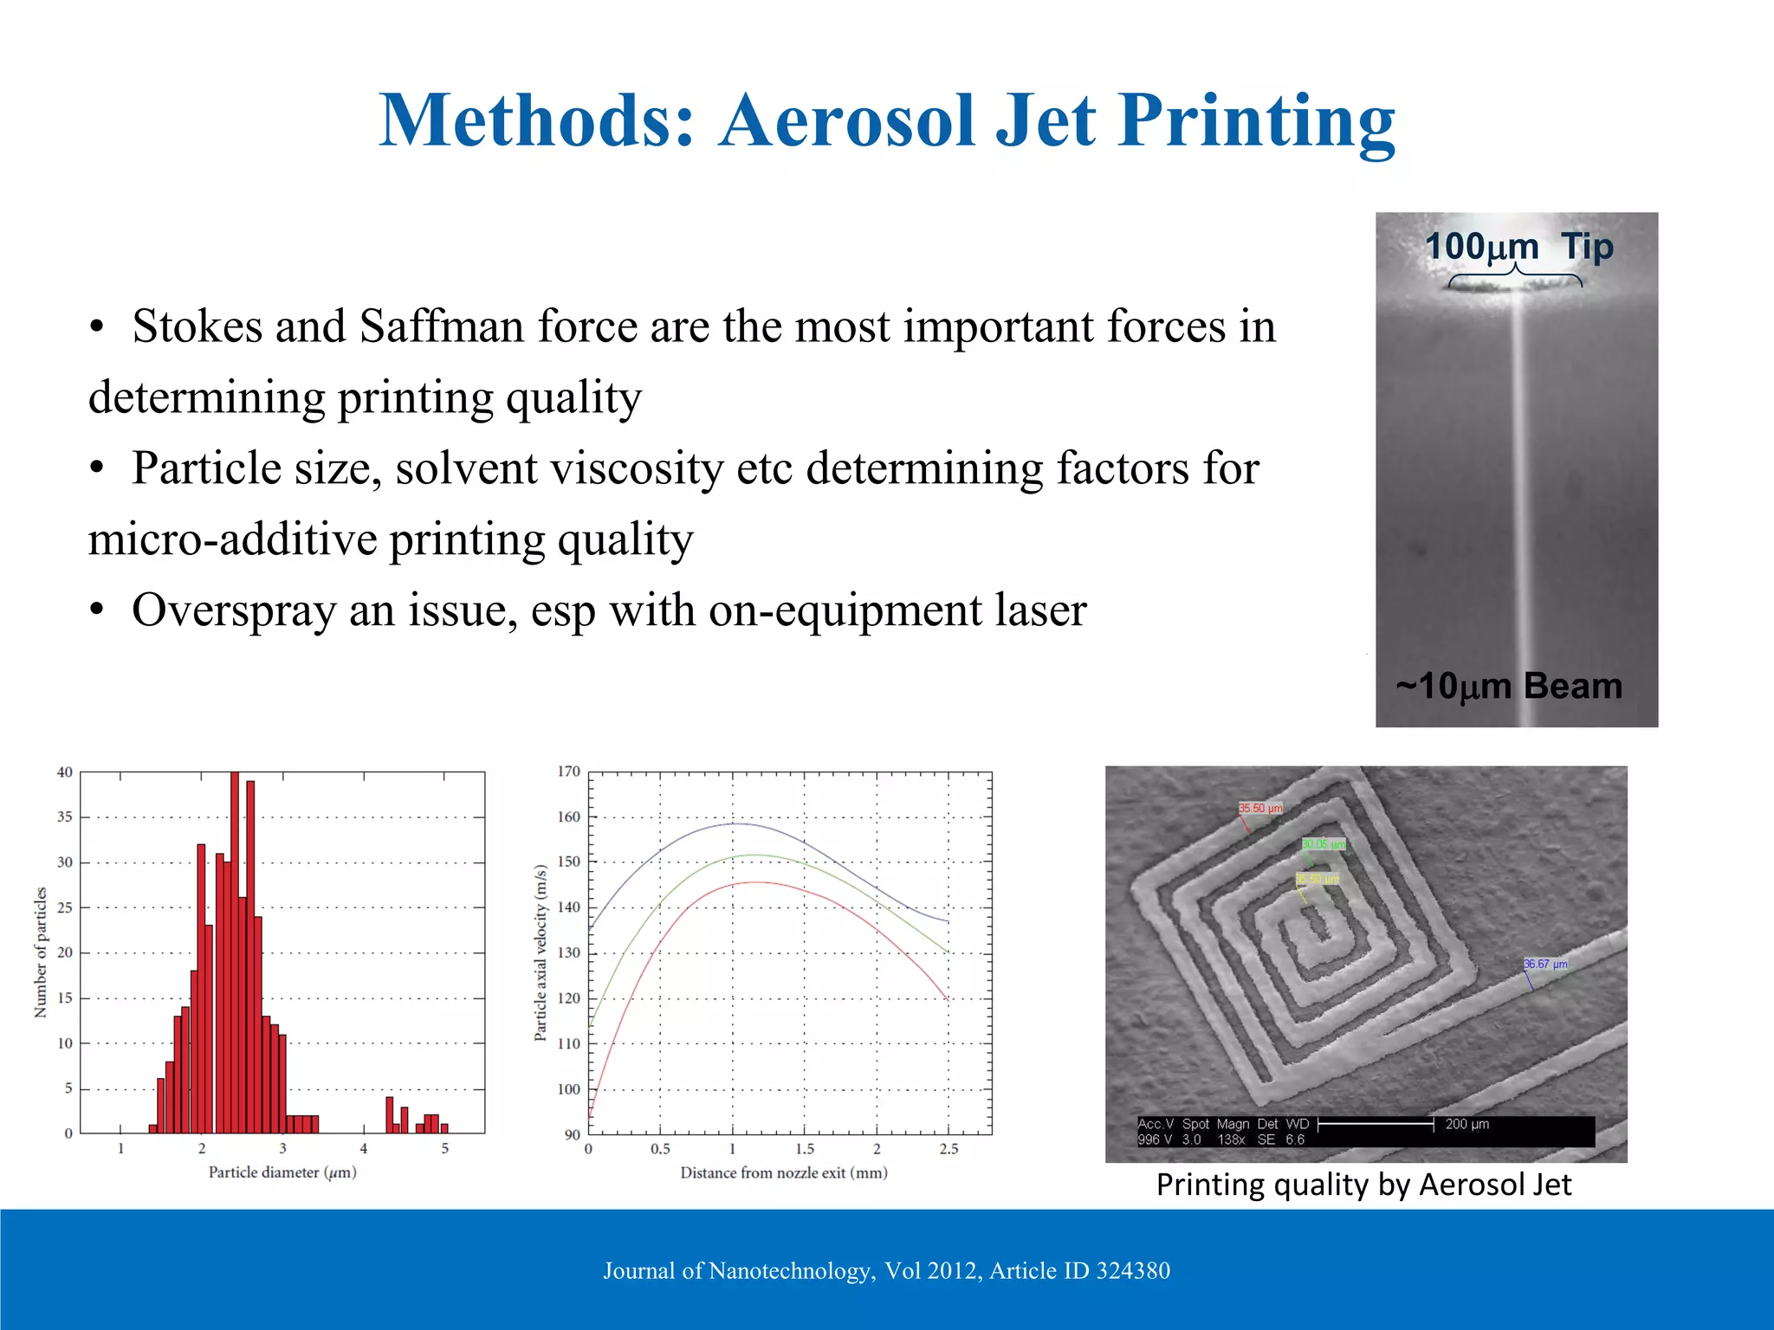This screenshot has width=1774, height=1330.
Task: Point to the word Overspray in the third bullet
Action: pyautogui.click(x=233, y=610)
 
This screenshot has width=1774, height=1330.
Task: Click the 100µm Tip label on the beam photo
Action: pyautogui.click(x=1519, y=247)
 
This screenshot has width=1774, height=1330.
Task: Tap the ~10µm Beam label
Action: pyautogui.click(x=1509, y=686)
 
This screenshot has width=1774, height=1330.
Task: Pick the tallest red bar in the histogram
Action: pyautogui.click(x=235, y=952)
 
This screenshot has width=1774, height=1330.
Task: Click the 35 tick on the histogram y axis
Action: pyautogui.click(x=65, y=817)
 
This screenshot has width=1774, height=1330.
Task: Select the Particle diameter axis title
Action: pyautogui.click(x=282, y=1172)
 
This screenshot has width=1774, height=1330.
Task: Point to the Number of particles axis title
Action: pyautogui.click(x=40, y=952)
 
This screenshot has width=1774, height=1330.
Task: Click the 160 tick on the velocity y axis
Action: pyautogui.click(x=569, y=817)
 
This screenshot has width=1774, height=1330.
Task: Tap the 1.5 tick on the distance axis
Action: pyautogui.click(x=805, y=1149)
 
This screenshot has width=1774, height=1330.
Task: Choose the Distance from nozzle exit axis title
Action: pyautogui.click(x=784, y=1173)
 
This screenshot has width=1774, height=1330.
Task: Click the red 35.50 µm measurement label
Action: pyautogui.click(x=1260, y=808)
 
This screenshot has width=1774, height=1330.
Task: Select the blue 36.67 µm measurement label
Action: pyautogui.click(x=1545, y=964)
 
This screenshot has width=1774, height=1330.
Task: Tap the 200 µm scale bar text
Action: pyautogui.click(x=1466, y=1124)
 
